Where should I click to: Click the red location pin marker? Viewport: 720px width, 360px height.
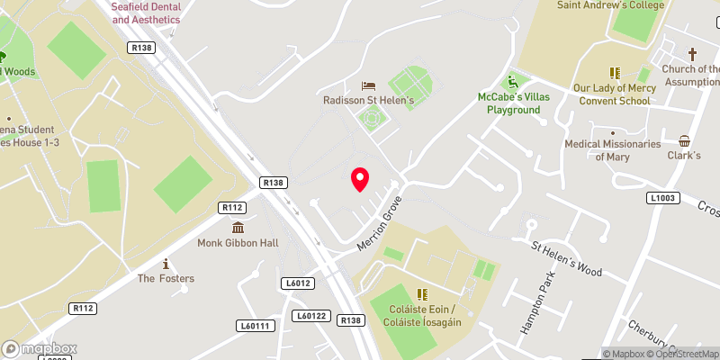tap(360, 179)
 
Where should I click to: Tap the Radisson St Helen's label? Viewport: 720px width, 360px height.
tap(369, 101)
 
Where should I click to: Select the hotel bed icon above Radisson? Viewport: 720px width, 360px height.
tap(369, 86)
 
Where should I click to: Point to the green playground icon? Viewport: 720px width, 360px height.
tap(513, 80)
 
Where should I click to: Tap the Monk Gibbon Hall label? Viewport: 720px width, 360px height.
tap(238, 243)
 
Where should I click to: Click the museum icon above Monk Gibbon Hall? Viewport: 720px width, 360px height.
tap(238, 228)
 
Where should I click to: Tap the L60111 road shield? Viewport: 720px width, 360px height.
tap(256, 326)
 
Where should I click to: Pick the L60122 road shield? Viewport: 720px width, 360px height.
tap(311, 316)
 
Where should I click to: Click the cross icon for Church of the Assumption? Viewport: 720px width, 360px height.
tap(692, 55)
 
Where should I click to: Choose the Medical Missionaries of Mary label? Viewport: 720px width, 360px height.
tap(612, 150)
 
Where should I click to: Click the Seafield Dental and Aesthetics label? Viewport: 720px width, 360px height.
tap(146, 13)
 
